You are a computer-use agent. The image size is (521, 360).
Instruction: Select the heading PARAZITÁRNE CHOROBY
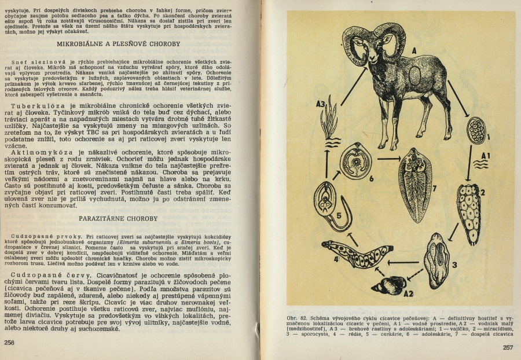[x=128, y=219]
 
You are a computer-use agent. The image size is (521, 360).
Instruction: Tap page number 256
[x=9, y=342]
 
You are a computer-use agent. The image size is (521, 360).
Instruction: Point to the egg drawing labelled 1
[x=476, y=128]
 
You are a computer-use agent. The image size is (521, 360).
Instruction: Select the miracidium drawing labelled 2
[x=468, y=205]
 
